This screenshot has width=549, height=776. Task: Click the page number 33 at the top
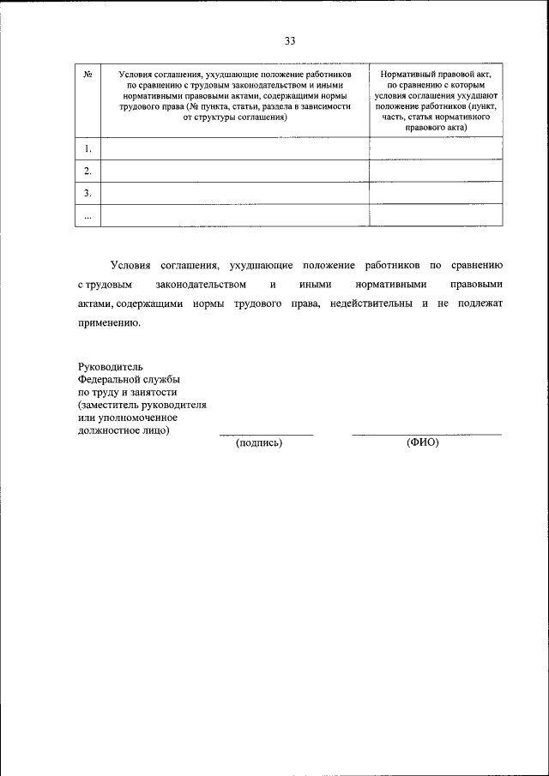point(290,41)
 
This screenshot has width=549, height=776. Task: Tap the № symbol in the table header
point(87,75)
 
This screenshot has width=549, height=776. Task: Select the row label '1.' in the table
point(87,149)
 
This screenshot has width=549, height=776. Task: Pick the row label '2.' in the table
point(87,171)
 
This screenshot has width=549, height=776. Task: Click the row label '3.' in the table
point(87,193)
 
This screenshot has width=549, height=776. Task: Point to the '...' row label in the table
point(87,215)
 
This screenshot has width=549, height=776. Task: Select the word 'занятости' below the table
point(152,393)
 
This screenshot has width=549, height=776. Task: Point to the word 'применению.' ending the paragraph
point(107,324)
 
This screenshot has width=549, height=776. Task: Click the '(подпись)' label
point(259,443)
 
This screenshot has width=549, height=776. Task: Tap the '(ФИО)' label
point(422,443)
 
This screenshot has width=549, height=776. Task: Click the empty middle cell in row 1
point(234,149)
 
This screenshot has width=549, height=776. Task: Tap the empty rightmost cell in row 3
point(436,193)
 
